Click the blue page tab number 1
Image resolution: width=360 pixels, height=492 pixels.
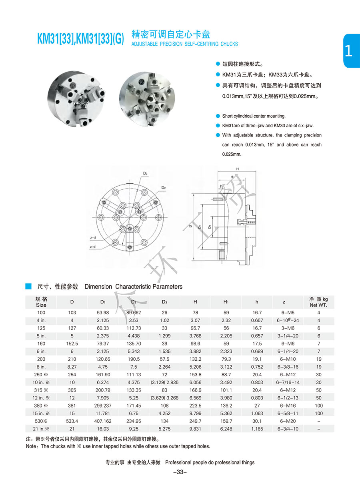coord(348,51)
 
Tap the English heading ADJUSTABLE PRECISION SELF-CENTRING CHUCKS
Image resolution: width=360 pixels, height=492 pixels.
coord(184,44)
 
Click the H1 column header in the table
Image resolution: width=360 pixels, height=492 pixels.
coord(226,302)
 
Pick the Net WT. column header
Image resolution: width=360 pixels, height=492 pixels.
coord(319,302)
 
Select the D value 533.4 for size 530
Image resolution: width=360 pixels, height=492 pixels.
coord(72,421)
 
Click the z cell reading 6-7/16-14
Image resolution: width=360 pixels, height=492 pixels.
coord(288,382)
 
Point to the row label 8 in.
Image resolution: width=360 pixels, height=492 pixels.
coord(41,367)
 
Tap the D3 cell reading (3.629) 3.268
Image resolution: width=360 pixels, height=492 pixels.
coord(164,398)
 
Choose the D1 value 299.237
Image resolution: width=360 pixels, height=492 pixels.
coord(103,406)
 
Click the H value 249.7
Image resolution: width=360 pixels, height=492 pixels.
coord(195,421)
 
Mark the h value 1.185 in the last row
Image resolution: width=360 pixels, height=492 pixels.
coord(257,429)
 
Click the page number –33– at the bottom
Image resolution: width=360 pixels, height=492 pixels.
coord(180,472)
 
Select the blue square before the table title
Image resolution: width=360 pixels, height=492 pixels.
coord(28,286)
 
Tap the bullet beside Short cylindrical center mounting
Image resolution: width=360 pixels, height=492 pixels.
coord(218,116)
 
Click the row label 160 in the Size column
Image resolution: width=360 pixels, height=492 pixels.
coord(41,343)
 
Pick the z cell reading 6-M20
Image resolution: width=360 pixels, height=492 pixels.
coord(288,421)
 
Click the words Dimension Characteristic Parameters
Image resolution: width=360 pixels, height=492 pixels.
coord(134,287)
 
